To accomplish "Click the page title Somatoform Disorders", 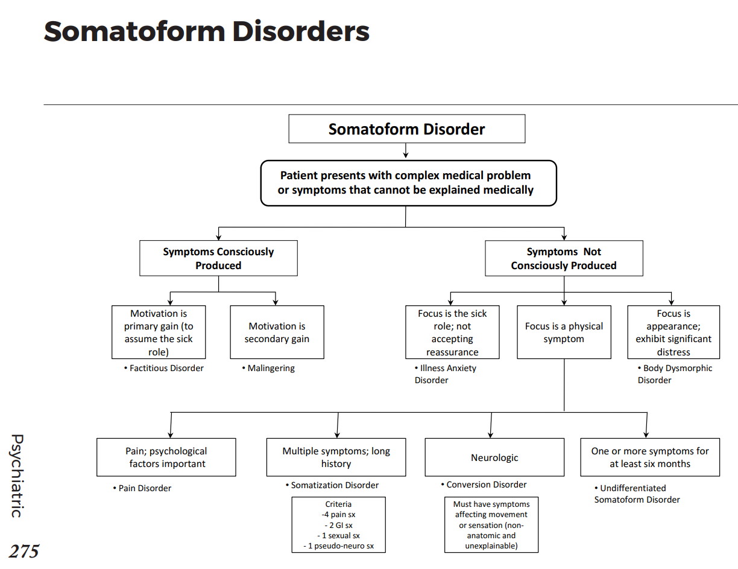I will pyautogui.click(x=206, y=31).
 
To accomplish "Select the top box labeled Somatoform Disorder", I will pyautogui.click(x=406, y=129).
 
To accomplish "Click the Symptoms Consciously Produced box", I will pyautogui.click(x=218, y=258).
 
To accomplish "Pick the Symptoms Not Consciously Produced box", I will pyautogui.click(x=564, y=258).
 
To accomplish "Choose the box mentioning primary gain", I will pyautogui.click(x=159, y=332).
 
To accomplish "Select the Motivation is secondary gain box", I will pyautogui.click(x=277, y=332).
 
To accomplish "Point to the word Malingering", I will pyautogui.click(x=271, y=368).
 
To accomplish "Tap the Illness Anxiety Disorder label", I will pyautogui.click(x=446, y=374).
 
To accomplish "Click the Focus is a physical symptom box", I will pyautogui.click(x=564, y=332).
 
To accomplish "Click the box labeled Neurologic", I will pyautogui.click(x=494, y=457).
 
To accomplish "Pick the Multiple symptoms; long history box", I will pyautogui.click(x=336, y=457).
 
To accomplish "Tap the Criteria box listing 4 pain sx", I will pyautogui.click(x=338, y=524).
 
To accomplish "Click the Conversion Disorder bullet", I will pyautogui.click(x=486, y=485).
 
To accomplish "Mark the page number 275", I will pyautogui.click(x=24, y=551).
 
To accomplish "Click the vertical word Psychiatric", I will pyautogui.click(x=17, y=475).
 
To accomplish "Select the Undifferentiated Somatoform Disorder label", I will pyautogui.click(x=636, y=494).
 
